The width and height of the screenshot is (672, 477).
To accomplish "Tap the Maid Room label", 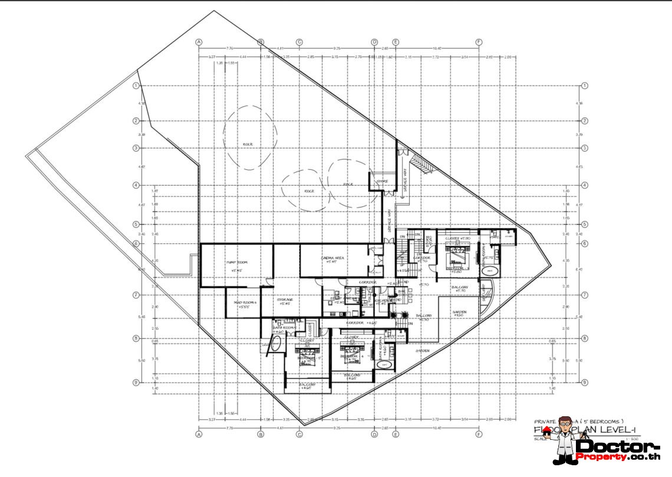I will tap(242, 302).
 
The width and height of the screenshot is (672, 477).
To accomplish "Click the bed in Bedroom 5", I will tap(308, 357).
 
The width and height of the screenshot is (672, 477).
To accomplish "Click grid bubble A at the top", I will tap(199, 42).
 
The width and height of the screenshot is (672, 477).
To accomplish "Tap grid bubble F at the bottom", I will tap(478, 435).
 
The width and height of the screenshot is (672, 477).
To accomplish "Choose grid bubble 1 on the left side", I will tap(136, 85).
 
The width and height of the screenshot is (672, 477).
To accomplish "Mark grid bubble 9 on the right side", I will tap(584, 382).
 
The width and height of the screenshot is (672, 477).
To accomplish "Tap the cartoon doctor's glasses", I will tap(565, 422).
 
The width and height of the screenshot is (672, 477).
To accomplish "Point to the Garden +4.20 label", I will tap(460, 314).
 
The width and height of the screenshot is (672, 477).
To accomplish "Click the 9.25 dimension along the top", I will tap(337, 47).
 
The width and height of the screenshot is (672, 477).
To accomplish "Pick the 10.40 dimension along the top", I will tap(437, 47).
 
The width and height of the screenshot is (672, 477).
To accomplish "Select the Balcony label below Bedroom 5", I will tap(307, 386).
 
